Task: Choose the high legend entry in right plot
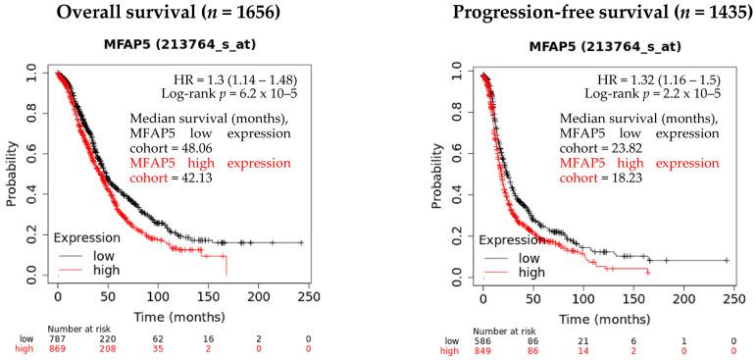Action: click(530, 272)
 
